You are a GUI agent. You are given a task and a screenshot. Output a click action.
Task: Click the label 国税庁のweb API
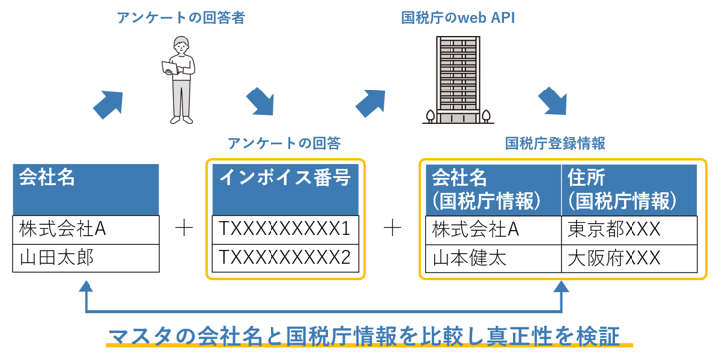(457, 17)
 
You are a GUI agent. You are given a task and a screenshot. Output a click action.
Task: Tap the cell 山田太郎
(87, 258)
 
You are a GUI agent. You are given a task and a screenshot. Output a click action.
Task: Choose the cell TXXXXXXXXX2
(284, 258)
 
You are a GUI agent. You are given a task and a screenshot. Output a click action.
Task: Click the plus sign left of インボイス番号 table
(183, 229)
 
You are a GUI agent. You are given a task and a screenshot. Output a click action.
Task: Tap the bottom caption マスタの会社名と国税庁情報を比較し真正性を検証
(368, 333)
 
